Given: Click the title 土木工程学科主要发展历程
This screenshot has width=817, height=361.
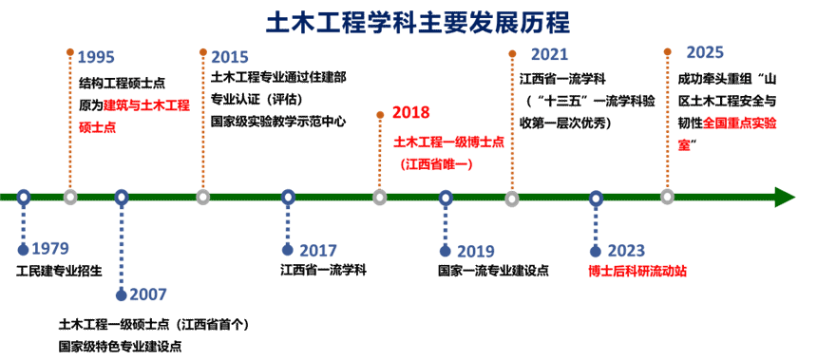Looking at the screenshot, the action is pyautogui.click(x=418, y=23).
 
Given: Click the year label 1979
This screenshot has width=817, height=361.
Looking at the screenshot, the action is pyautogui.click(x=50, y=249).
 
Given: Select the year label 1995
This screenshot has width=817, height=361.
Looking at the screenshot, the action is pyautogui.click(x=96, y=56).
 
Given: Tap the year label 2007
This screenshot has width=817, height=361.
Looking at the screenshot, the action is pyautogui.click(x=148, y=294).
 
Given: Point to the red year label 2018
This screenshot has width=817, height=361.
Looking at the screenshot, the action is pyautogui.click(x=411, y=112).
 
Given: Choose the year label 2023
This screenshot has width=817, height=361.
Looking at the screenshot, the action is pyautogui.click(x=626, y=251).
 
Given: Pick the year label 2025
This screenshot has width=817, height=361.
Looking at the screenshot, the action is pyautogui.click(x=705, y=52).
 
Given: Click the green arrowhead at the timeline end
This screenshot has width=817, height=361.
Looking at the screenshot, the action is pyautogui.click(x=785, y=198).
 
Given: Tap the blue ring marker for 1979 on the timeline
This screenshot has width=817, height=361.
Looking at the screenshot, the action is pyautogui.click(x=24, y=197).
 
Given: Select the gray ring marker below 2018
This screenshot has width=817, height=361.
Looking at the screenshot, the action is pyautogui.click(x=380, y=198).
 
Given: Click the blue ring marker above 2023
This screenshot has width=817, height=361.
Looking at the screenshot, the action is pyautogui.click(x=597, y=198).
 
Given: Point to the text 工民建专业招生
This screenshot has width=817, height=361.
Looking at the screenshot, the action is pyautogui.click(x=59, y=271).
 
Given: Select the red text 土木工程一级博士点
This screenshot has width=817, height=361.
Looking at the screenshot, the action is pyautogui.click(x=448, y=142).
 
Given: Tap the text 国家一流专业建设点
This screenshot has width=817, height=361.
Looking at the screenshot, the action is pyautogui.click(x=493, y=271).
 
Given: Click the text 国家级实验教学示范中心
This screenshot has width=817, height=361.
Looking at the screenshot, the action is pyautogui.click(x=278, y=122).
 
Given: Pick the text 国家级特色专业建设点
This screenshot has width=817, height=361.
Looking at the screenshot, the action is pyautogui.click(x=121, y=347).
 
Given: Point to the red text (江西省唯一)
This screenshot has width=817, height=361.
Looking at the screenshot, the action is pyautogui.click(x=436, y=164).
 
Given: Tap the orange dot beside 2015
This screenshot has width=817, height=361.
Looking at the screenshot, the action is pyautogui.click(x=202, y=51).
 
